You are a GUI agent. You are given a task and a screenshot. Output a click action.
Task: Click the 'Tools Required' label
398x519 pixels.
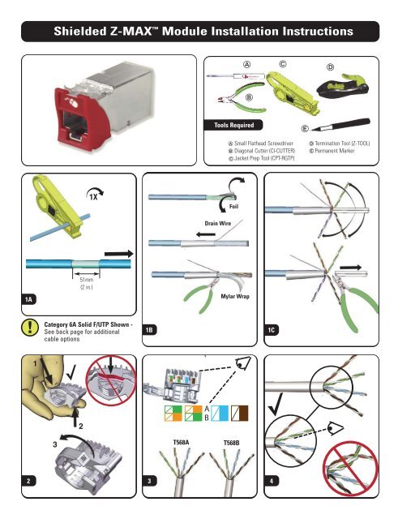click(x=228, y=126)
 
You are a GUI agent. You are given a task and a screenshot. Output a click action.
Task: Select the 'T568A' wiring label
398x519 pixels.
click(x=181, y=444)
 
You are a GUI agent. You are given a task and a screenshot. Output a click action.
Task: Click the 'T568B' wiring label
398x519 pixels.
click(x=235, y=444)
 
